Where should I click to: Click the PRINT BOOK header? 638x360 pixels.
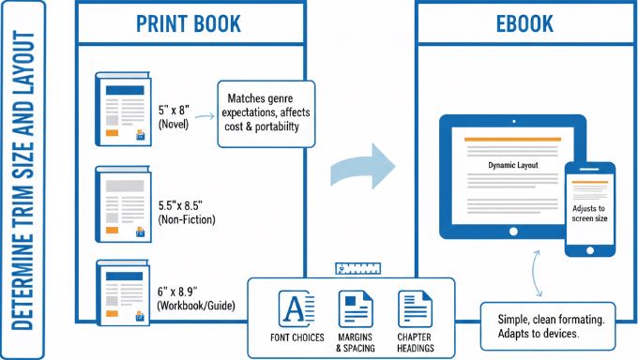coord(190,23)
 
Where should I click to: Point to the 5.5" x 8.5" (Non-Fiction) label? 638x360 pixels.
coord(187,211)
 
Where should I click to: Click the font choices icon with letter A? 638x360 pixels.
coord(295,308)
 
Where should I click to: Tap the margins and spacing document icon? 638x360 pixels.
coord(355,308)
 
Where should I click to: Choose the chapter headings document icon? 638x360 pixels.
coord(415,308)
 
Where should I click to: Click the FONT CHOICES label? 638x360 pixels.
coord(295,337)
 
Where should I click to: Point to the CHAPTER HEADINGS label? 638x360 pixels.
coord(415,342)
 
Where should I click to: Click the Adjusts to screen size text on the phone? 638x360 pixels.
coord(589,215)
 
